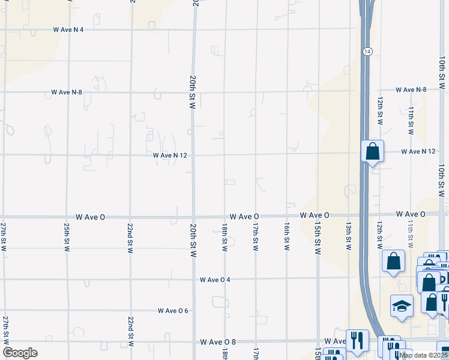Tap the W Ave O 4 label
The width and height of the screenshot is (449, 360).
(x=215, y=280)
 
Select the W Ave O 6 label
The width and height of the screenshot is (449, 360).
(x=173, y=311)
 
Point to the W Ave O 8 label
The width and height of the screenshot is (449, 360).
(x=218, y=342)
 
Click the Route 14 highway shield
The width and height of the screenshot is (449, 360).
(x=366, y=52)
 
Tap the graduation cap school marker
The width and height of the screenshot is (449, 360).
(x=402, y=307)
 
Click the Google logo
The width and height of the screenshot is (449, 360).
(x=20, y=353)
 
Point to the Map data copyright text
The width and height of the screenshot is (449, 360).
(x=424, y=355)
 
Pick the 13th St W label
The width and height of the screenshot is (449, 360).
(x=348, y=236)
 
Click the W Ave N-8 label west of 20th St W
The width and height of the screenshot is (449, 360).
(x=67, y=92)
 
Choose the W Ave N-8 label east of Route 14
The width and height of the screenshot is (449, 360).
(x=411, y=89)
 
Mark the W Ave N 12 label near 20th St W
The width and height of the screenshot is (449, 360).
(x=170, y=155)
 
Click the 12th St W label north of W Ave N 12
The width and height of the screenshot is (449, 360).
(x=380, y=109)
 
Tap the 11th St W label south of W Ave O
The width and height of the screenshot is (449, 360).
(x=411, y=234)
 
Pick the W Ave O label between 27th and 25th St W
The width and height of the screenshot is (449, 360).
(x=91, y=216)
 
